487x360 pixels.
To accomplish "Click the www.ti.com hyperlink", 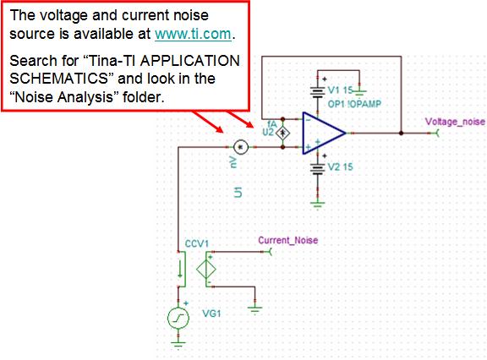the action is point(193,34).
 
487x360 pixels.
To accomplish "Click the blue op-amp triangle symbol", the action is point(323,133).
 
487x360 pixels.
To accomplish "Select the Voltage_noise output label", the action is point(455,122).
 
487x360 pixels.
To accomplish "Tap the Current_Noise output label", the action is point(288,241).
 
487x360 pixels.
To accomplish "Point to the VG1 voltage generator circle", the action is point(178,318).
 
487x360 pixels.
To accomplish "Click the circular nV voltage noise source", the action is point(241,147).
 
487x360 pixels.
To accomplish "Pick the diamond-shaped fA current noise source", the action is point(282,134).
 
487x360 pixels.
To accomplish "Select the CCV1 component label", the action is point(197,243).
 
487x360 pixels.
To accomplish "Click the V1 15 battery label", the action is point(340,90).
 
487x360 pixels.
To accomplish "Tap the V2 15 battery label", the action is point(341,167).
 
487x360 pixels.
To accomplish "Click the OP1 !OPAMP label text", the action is point(354,104).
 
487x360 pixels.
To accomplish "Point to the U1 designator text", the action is point(238,192).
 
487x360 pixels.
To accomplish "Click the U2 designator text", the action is point(268,133).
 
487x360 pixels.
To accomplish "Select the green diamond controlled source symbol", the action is point(206,270).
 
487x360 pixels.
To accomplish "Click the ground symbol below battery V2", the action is point(317,205).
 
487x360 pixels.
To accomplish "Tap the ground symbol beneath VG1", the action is point(178,345).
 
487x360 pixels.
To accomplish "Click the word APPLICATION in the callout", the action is point(189,61).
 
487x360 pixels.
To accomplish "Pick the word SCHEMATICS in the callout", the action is point(58,79).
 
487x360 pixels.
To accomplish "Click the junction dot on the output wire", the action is point(402,134).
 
